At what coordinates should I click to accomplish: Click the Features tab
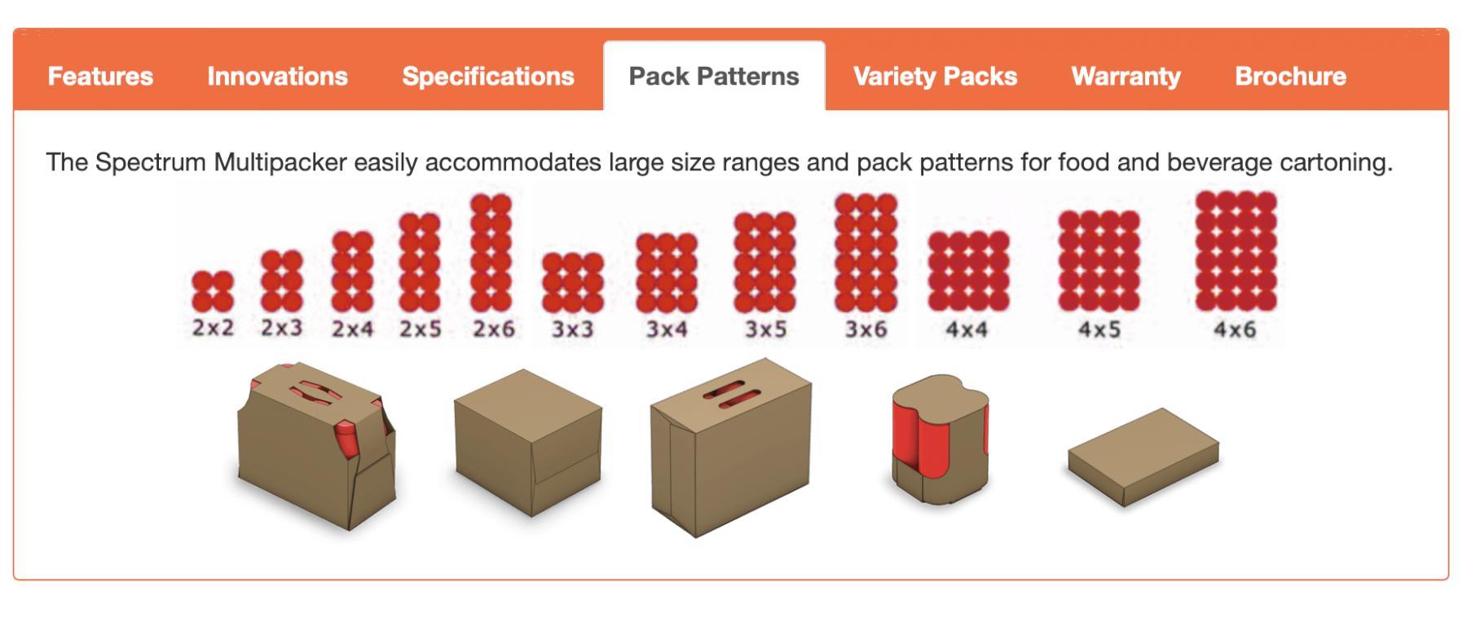tap(100, 76)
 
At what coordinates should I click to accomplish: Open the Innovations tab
tap(277, 76)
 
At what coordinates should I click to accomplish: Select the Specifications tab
tap(488, 76)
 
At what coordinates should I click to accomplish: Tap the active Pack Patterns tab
tap(714, 76)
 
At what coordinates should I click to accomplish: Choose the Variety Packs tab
tap(935, 76)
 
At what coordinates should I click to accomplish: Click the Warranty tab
tap(1126, 76)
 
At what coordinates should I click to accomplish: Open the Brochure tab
tap(1290, 76)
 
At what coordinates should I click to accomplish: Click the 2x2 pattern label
tap(213, 328)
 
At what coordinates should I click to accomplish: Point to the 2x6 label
tap(494, 329)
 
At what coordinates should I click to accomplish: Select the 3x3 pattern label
tap(573, 329)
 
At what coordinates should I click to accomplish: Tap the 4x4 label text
tap(967, 329)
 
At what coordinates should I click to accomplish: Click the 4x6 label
tap(1235, 329)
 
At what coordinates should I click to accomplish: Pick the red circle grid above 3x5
tap(764, 263)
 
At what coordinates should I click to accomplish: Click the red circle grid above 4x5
tap(1099, 261)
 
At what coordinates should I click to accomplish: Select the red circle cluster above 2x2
tap(213, 292)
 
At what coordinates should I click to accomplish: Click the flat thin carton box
tap(1143, 457)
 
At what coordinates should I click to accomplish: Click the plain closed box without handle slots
tap(527, 442)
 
